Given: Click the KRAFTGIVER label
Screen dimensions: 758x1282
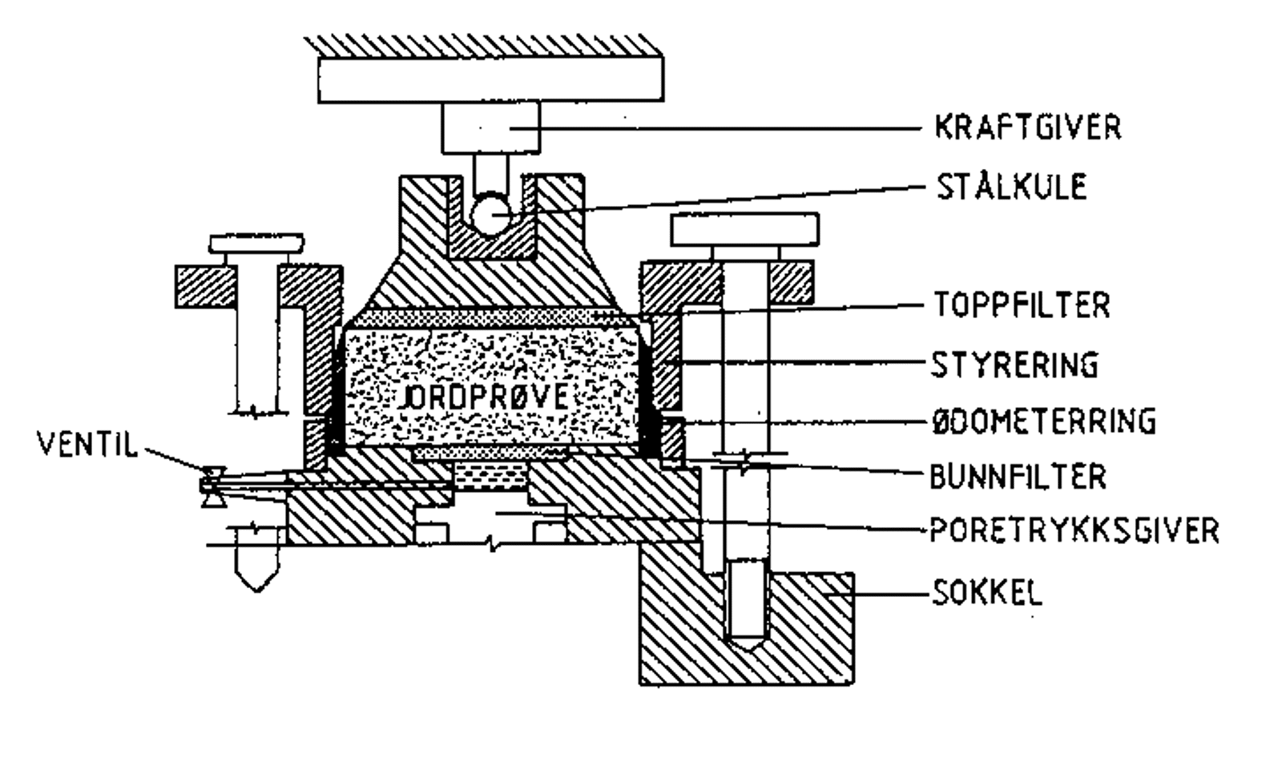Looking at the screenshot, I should (1027, 128).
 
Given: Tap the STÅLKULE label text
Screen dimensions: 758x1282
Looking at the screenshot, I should (1011, 187).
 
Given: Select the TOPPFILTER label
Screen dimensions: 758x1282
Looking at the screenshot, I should (1022, 305).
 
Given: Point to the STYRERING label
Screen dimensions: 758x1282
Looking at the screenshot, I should (1014, 365).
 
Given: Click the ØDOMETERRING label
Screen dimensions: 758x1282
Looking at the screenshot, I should (1043, 421).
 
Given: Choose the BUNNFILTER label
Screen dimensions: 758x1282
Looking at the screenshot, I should (1018, 477).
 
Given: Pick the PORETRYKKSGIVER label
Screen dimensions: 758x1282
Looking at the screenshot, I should (1074, 530).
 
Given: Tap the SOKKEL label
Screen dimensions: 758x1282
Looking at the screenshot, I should (987, 594).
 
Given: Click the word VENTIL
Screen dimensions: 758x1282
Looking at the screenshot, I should (87, 443).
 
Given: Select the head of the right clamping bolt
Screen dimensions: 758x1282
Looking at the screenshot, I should (744, 229).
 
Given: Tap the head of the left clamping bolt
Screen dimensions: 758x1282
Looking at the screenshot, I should (256, 243).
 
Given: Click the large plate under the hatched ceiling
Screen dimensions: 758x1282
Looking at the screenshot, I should (490, 79).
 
